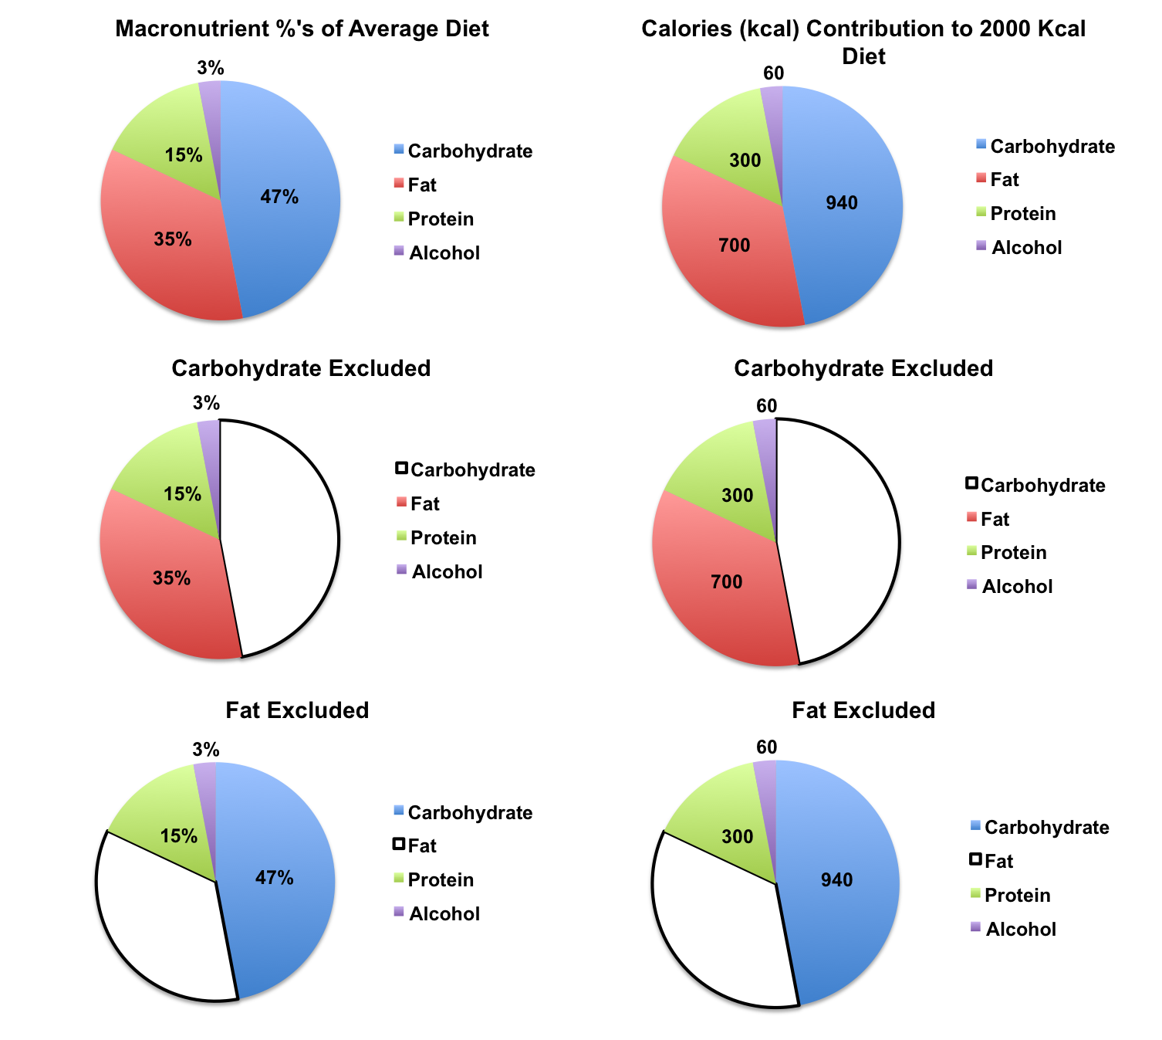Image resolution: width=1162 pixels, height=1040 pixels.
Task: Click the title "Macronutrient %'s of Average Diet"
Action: (302, 29)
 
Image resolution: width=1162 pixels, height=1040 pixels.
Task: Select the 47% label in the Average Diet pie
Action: (279, 197)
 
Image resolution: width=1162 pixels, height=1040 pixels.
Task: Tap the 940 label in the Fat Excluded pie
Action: (836, 880)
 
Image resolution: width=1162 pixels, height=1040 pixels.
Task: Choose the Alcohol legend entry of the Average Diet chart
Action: (444, 253)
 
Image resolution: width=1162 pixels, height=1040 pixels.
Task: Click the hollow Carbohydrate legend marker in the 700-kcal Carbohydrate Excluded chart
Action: (971, 484)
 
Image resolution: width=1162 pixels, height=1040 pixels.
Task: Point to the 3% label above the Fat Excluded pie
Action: (206, 750)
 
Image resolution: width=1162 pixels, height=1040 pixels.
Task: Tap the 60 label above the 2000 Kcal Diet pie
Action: (773, 73)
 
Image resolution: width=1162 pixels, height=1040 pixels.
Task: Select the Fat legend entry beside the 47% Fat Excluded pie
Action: (421, 846)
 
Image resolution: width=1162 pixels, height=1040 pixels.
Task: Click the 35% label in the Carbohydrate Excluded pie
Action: (171, 578)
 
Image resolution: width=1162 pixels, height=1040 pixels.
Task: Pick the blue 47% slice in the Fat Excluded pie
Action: (285, 911)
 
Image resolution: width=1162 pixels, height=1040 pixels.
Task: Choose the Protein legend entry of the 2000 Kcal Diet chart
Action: (1022, 214)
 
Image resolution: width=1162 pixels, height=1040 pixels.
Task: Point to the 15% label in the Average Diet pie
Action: (184, 155)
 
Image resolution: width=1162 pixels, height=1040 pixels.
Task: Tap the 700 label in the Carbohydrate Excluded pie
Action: (726, 581)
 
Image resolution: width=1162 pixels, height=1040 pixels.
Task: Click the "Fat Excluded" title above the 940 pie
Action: (863, 710)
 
